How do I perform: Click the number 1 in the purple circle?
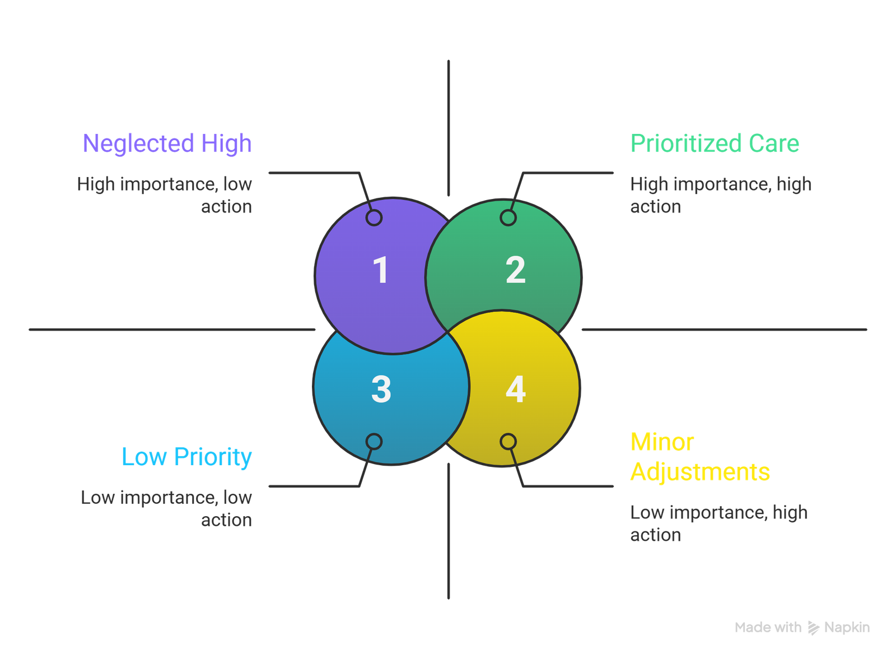point(381,270)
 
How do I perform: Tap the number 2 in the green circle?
point(515,270)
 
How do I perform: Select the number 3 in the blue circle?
point(381,390)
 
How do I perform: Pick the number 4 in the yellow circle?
point(515,390)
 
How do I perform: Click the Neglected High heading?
point(167,143)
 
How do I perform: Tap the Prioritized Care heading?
point(715,143)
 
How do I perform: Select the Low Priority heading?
point(186,457)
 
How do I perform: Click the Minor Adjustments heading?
point(700,457)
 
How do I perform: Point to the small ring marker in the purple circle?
point(374,217)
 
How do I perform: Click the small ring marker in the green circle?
point(508,217)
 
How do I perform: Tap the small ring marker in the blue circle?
point(374,442)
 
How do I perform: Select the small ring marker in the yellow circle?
point(508,442)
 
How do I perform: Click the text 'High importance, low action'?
point(165,195)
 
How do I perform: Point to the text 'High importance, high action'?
point(720,195)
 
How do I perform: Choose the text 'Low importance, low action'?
point(166,508)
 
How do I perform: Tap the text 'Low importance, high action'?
point(718,523)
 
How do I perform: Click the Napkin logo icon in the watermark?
point(813,628)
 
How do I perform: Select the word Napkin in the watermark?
point(847,627)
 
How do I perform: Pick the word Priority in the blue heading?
point(213,457)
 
